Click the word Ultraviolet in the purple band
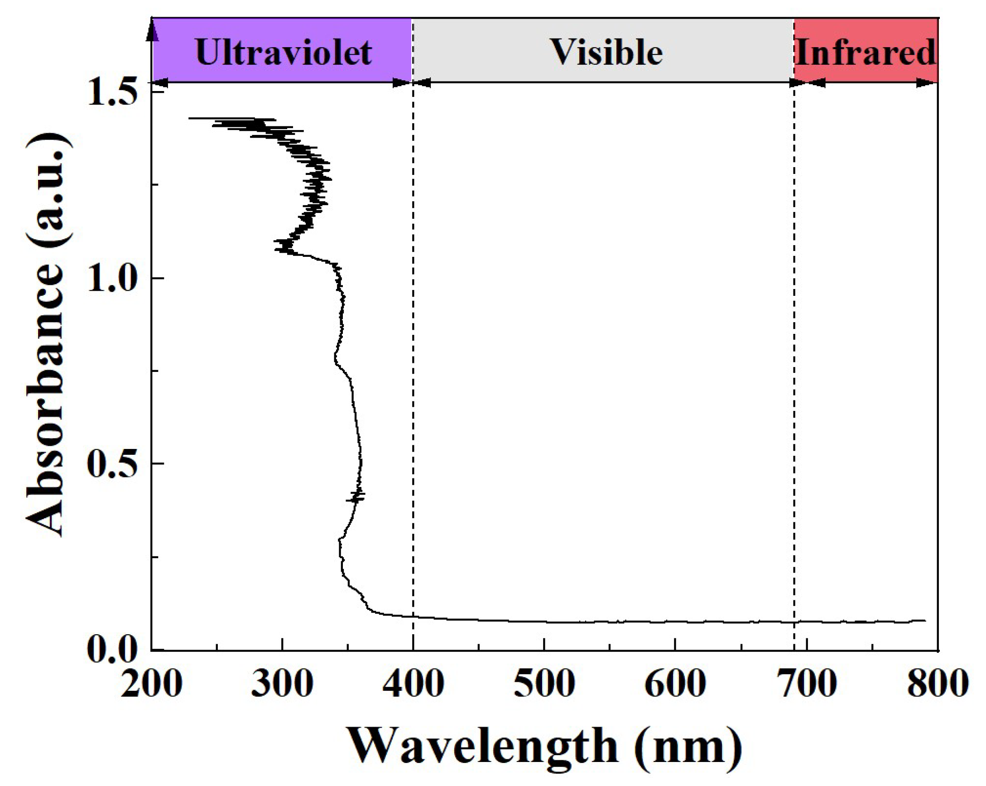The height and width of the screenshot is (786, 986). pos(283,53)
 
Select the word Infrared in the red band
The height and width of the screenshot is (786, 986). pos(866,53)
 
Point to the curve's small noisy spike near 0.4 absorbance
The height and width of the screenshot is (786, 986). pos(356,497)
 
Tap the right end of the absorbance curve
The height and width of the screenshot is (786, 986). pos(925,620)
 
